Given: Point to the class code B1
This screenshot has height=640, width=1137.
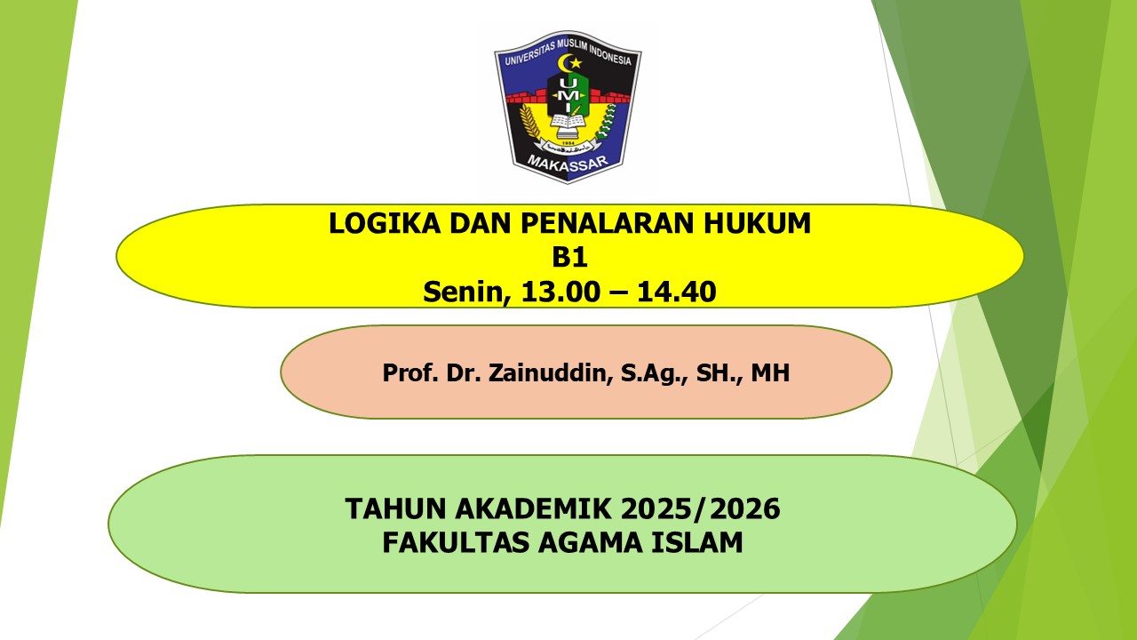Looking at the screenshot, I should [569, 257].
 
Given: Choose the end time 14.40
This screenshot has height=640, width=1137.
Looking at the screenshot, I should [677, 291].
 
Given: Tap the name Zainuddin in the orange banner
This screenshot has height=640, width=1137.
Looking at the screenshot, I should [547, 373].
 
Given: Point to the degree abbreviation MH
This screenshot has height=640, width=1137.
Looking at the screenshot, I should [770, 373].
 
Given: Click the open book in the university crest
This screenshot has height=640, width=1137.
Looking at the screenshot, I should [568, 121].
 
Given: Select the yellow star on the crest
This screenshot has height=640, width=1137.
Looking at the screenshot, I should [575, 63].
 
